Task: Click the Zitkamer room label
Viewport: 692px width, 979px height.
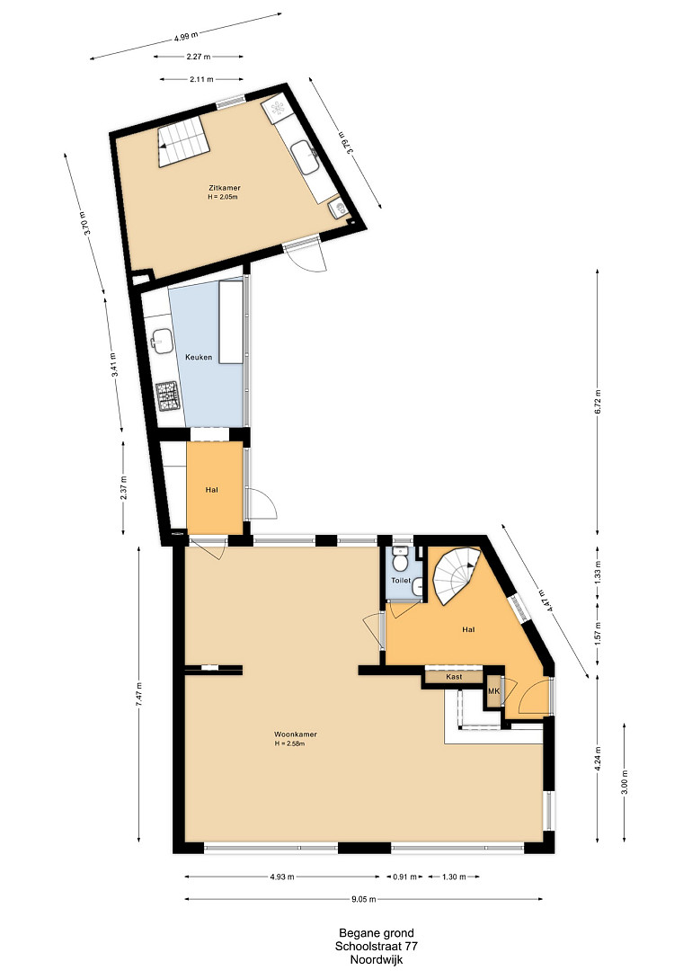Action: click(x=225, y=187)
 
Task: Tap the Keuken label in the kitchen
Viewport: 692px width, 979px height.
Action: click(x=199, y=357)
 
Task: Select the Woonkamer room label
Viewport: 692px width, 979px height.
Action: click(x=291, y=734)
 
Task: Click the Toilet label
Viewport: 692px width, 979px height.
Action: click(x=401, y=581)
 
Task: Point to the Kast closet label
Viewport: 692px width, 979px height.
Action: click(x=454, y=677)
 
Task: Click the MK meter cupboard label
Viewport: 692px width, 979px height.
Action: click(x=493, y=691)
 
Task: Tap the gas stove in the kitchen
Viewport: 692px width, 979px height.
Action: click(x=167, y=396)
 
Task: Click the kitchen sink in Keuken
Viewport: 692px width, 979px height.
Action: click(x=161, y=342)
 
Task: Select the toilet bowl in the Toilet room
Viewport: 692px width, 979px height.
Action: click(x=400, y=559)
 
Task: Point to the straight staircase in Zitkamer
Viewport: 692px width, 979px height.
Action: click(x=183, y=141)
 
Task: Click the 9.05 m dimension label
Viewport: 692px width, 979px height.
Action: click(x=364, y=899)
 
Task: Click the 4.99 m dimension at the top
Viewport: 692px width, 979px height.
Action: click(x=187, y=36)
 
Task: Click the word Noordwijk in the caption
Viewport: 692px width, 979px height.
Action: click(x=377, y=959)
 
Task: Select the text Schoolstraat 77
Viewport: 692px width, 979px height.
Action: click(x=377, y=946)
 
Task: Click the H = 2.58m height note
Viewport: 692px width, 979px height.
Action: click(x=288, y=743)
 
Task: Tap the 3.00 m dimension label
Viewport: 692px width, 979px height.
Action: click(x=625, y=782)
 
